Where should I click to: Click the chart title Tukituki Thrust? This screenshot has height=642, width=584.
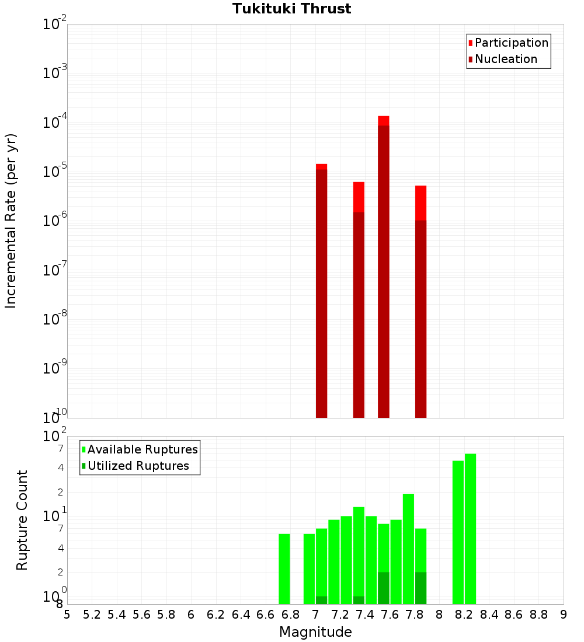coord(291,9)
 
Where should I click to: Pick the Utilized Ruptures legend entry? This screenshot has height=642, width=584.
coord(138,466)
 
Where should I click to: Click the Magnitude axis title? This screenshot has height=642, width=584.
coord(315,632)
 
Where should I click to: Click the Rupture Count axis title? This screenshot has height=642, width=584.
coord(22,520)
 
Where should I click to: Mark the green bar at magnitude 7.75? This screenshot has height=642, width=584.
coord(409,549)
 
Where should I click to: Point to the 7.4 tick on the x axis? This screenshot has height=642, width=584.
coord(364,614)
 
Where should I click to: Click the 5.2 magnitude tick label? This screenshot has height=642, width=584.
coord(92,614)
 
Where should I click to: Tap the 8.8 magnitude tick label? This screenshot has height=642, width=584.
coord(538,614)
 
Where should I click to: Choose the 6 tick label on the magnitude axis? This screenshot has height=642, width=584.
coord(191,614)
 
